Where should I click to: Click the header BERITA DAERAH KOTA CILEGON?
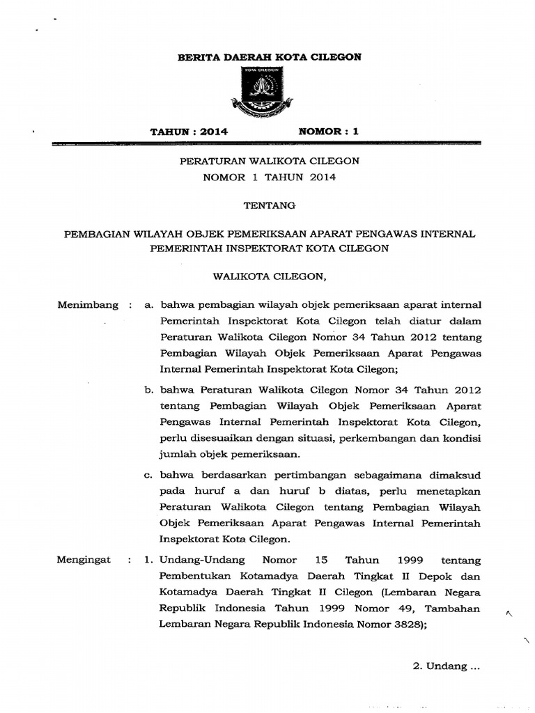point(270,57)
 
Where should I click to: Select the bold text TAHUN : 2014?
point(189,131)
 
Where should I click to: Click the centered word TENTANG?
point(269,205)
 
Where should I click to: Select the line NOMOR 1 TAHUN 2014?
point(269,178)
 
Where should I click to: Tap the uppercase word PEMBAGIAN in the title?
point(95,234)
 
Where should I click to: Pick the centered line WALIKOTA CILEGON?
point(269,276)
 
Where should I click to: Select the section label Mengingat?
point(84,561)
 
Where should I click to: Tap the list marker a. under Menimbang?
point(148,305)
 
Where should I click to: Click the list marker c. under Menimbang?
point(148,476)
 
